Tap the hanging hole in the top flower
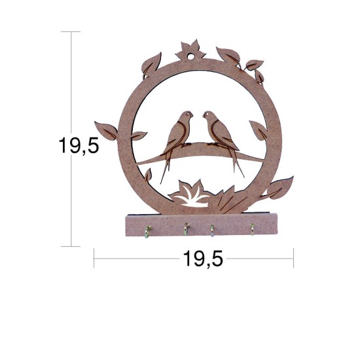190,56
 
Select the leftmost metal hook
148,232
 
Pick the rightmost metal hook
252,229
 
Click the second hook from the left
186,228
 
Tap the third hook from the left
212,230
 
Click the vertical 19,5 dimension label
79,145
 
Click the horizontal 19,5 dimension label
203,259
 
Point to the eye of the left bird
188,114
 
